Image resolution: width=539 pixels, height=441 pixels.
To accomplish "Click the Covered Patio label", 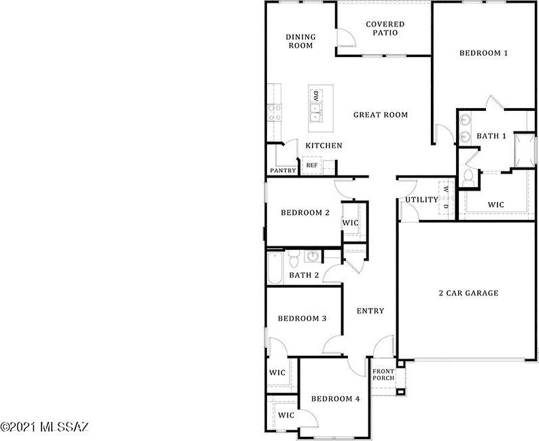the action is coord(385,29).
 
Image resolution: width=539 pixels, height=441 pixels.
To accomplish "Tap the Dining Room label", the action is coord(301,42).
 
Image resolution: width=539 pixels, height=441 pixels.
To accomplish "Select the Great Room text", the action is coord(381,114).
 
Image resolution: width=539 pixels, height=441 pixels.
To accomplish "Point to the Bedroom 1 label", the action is coord(483,53).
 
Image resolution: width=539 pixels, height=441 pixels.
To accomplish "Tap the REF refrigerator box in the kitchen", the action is coord(312,165).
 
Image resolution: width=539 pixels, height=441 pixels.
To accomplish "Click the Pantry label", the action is coord(283,170).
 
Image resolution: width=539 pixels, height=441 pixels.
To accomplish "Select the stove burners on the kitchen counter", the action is coord(275,113).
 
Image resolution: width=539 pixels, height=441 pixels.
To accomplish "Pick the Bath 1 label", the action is coord(491,136).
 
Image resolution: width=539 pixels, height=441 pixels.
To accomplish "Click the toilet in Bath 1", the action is coord(468,178).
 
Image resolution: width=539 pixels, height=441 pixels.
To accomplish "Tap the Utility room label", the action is coord(422,199).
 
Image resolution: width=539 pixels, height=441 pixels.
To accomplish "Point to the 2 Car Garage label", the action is coord(468,293).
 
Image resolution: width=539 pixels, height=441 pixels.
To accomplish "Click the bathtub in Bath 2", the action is coord(275,269).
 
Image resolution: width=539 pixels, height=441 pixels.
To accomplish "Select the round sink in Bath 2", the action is coord(313,256).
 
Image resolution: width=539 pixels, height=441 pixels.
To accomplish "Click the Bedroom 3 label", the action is coord(302,318).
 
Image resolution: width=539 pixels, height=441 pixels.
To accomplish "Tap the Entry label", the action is coord(370,311).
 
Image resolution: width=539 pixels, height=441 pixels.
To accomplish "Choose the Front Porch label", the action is coord(383,374).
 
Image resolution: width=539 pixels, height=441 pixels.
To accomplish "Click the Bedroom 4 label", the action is coord(335,399).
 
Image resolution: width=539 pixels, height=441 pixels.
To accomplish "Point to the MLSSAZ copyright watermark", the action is coord(45,427).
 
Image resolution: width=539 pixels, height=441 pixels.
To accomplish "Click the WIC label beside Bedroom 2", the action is coord(350,223).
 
